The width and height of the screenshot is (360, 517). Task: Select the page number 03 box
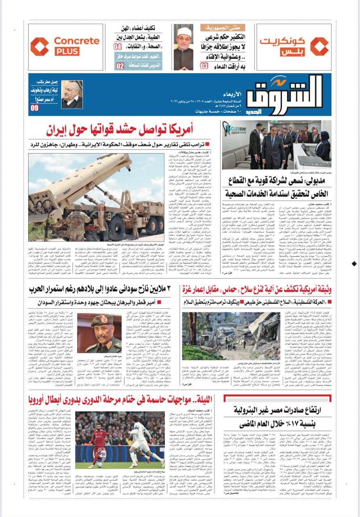(204, 65)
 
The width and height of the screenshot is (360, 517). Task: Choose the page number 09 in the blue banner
(34, 107)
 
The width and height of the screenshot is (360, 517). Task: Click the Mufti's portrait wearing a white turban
(183, 47)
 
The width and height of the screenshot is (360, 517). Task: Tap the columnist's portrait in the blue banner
(72, 95)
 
